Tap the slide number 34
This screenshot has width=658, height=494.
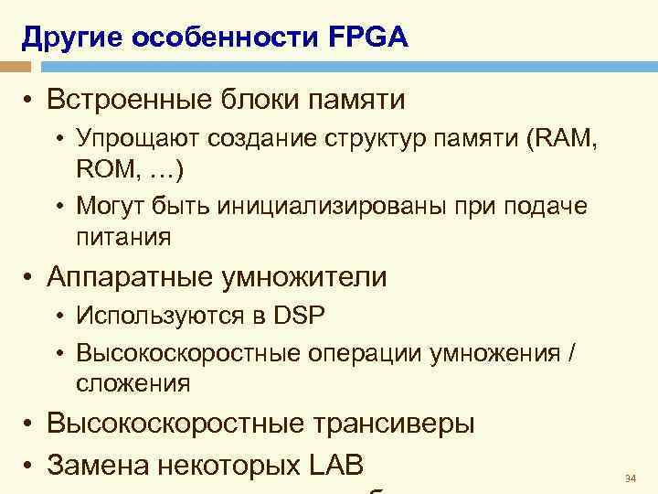coord(629,478)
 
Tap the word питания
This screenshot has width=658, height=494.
coord(123,238)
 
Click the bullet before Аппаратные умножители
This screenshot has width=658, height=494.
coord(30,276)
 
